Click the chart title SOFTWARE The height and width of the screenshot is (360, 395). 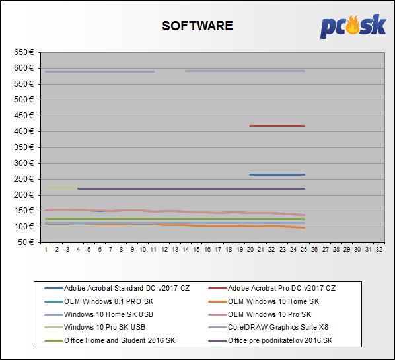(197, 26)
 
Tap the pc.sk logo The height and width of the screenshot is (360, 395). (353, 26)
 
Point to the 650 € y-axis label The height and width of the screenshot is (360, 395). (24, 52)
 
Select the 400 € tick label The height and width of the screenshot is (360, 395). (24, 131)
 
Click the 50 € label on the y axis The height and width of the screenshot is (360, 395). (26, 242)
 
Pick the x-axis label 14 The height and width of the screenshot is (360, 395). (186, 250)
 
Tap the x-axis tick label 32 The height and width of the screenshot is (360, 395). (379, 250)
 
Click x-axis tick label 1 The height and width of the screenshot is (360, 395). (46, 250)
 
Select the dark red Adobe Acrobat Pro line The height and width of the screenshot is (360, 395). (277, 126)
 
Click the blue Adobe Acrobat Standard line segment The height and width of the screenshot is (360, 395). (277, 174)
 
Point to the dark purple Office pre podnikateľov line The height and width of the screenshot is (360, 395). (191, 188)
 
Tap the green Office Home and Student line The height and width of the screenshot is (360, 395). (175, 219)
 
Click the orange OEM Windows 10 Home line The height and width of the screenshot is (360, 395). (175, 225)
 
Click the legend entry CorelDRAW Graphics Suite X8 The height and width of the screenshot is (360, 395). (268, 327)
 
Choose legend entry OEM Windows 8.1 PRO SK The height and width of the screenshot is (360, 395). (99, 301)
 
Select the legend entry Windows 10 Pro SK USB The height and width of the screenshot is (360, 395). (95, 327)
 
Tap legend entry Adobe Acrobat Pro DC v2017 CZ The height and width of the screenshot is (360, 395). (272, 288)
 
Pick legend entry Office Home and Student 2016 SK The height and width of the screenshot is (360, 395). (110, 340)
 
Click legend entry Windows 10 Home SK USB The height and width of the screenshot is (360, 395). (99, 314)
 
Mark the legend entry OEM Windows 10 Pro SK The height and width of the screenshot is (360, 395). (260, 314)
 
